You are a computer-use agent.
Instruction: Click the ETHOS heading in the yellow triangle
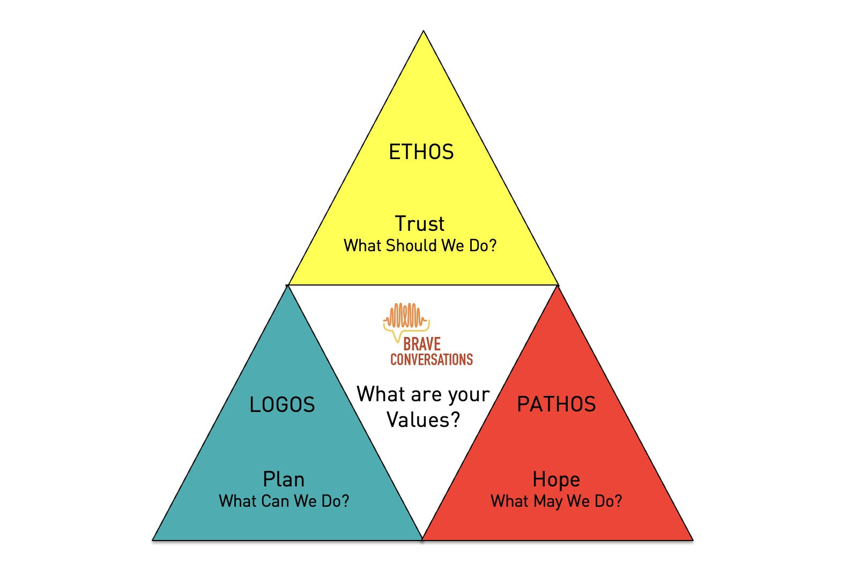tap(421, 152)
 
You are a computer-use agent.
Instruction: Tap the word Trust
tap(420, 223)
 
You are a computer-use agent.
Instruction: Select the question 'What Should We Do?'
tap(420, 245)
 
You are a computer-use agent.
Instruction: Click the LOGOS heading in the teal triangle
tap(282, 404)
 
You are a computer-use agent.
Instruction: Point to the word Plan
tap(284, 479)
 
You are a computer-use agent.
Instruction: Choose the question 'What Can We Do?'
tap(284, 501)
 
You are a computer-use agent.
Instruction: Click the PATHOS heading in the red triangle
tap(556, 404)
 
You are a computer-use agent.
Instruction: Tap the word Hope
tap(556, 479)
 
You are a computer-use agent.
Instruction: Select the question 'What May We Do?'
tap(556, 501)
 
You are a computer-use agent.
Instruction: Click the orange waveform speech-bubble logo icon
tap(406, 318)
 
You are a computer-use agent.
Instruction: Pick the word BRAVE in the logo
tap(422, 344)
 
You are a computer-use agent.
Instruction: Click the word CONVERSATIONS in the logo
tap(432, 359)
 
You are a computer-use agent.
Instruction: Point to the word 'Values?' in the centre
tap(423, 419)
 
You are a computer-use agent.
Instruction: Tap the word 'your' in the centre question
tap(469, 395)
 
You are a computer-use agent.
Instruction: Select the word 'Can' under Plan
tap(275, 501)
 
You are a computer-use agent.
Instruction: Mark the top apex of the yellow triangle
tap(424, 32)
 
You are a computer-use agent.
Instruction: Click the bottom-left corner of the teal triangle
tap(153, 539)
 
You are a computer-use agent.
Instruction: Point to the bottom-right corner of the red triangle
tap(692, 539)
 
